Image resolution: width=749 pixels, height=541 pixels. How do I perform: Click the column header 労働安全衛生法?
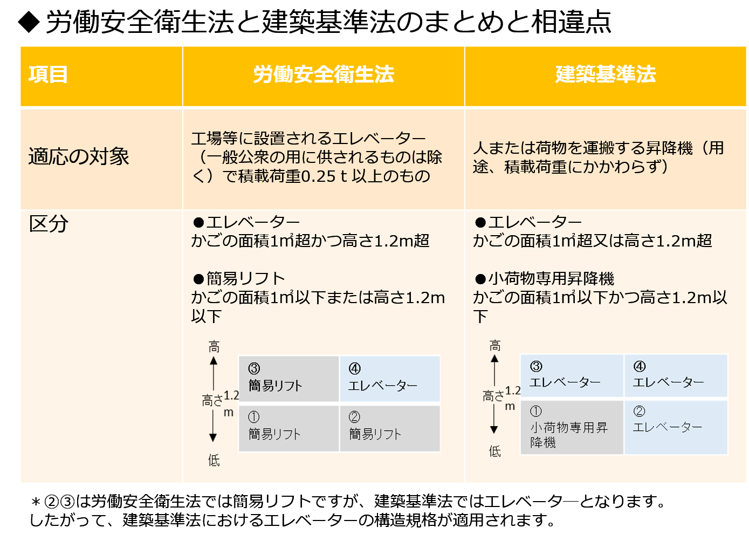coord(324,74)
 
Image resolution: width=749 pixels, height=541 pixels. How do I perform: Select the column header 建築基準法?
coord(605,74)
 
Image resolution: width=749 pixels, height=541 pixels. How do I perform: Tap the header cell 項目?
coord(49,74)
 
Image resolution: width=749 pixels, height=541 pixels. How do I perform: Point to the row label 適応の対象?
coord(79,157)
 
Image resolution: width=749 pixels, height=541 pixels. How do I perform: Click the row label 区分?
coord(49,223)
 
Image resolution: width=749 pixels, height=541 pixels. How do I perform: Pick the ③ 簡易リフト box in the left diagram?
coord(288,378)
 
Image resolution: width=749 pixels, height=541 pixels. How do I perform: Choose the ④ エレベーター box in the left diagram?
coord(390,378)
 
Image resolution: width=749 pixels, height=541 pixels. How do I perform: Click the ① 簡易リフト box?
coord(288,428)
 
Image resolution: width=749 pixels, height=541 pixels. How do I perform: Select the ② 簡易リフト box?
coord(390,428)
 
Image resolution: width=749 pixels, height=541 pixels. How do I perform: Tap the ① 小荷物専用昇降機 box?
coord(572,427)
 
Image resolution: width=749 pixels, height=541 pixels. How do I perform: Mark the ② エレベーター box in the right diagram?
coord(676,427)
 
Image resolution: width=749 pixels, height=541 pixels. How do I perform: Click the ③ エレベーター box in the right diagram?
coord(572,376)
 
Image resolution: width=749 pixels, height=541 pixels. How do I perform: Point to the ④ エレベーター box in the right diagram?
coord(676,376)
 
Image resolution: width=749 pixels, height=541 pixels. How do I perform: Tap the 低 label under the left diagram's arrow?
coord(214,460)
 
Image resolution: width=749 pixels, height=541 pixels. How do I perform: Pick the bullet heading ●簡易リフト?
coord(239,278)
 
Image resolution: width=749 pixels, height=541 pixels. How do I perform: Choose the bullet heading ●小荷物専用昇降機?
coord(545,278)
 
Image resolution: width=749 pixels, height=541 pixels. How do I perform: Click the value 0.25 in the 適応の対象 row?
coord(319,176)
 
